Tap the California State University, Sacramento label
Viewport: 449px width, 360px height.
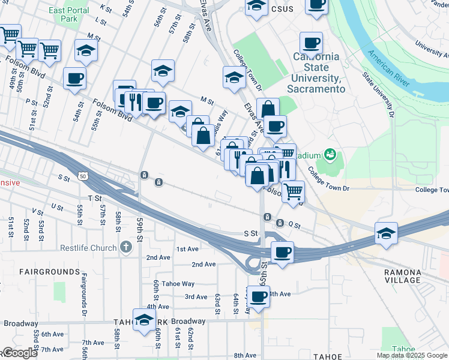(x=316, y=73)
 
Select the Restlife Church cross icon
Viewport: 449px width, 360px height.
(x=125, y=247)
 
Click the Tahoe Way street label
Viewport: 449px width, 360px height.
(x=178, y=284)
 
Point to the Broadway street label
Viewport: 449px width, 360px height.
(x=188, y=321)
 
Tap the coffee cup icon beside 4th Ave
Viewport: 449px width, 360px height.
(x=259, y=296)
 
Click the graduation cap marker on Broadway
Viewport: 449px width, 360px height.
(x=145, y=321)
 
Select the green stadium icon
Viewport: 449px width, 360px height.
(x=330, y=156)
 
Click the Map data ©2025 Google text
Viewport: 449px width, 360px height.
(x=411, y=355)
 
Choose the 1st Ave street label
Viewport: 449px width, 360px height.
(x=187, y=248)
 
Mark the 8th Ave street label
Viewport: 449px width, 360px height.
(x=245, y=356)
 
